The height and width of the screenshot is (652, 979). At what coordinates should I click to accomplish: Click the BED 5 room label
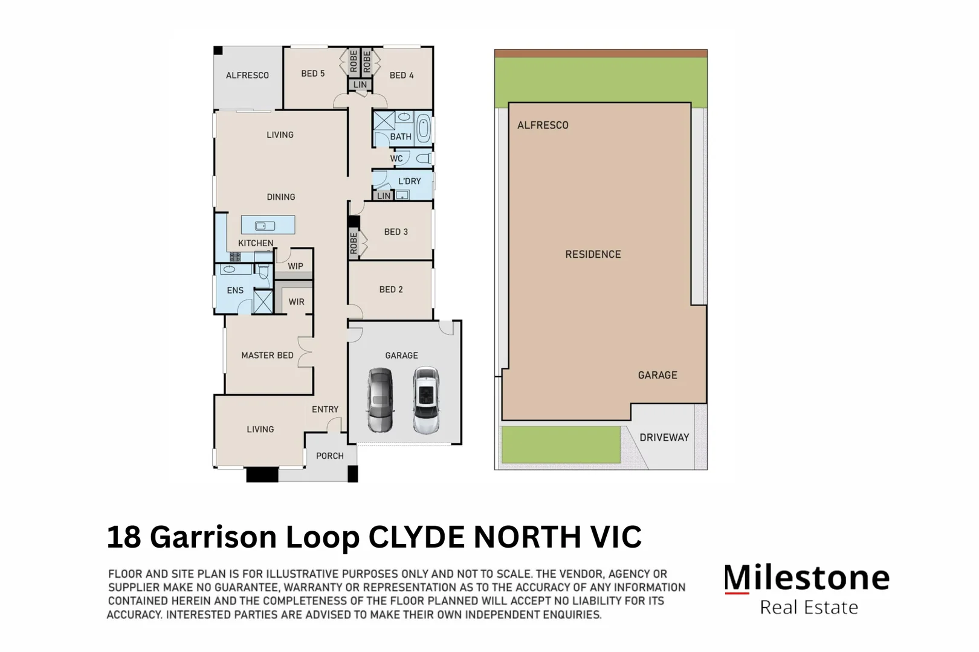coord(312,74)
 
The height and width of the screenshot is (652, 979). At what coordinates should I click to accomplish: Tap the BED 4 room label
coord(401,75)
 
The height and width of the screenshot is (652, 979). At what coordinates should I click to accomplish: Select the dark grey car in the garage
coord(380,399)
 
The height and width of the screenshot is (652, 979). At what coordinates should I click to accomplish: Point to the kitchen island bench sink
coord(265,226)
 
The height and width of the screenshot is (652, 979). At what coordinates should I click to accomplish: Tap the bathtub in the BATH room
coord(424,129)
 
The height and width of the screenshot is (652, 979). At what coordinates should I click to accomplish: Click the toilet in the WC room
coord(424,159)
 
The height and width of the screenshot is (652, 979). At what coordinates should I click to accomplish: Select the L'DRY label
coord(409,181)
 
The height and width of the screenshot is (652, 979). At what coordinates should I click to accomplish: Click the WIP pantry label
coord(296,266)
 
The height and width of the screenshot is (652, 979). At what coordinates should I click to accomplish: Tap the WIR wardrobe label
coord(296,302)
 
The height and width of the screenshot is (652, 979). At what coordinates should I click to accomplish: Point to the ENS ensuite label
coord(235,290)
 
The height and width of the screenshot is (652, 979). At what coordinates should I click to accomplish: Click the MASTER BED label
coord(267,356)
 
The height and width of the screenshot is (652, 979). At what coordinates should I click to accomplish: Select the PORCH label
coord(329,456)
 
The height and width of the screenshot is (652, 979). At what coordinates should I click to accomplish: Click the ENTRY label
coord(325,409)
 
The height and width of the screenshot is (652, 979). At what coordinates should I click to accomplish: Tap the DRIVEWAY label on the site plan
coord(664,438)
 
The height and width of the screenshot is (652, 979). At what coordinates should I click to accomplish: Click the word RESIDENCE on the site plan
coord(593,255)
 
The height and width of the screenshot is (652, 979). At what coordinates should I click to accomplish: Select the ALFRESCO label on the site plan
coord(543,126)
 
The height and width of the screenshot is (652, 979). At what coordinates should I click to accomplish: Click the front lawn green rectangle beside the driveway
coord(561,445)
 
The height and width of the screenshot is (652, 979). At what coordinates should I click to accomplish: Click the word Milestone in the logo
coord(807,578)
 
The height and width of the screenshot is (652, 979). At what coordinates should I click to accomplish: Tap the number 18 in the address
coord(124,537)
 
